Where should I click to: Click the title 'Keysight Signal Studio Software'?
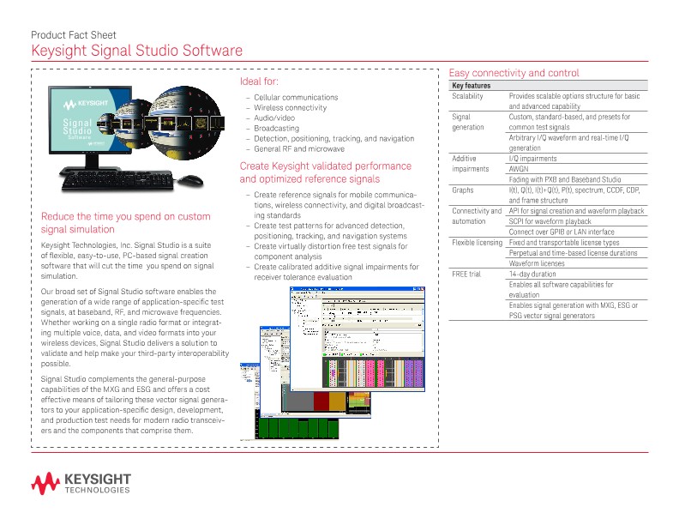130,51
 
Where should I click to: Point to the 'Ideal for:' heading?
259,81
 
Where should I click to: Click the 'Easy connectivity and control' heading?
514,73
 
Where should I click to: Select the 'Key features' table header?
471,86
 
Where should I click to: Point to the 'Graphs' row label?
462,190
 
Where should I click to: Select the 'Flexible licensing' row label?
477,243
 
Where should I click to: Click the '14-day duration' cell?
532,274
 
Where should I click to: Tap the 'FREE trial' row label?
466,274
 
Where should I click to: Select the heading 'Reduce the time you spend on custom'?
125,216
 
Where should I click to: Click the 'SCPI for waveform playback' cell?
550,221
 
